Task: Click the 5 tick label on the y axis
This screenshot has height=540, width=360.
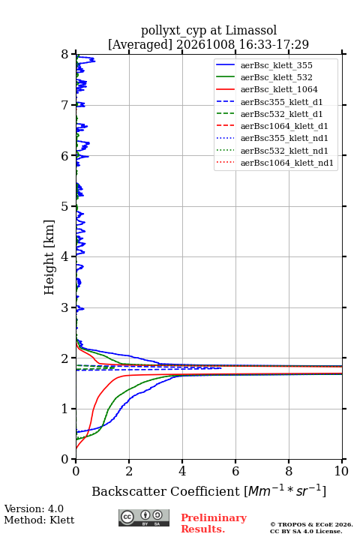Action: pyautogui.click(x=65, y=207)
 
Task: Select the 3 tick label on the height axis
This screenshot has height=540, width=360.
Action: pyautogui.click(x=65, y=307)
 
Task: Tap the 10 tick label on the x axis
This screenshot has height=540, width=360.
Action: pyautogui.click(x=341, y=471)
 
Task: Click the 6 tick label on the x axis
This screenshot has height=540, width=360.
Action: pyautogui.click(x=235, y=471)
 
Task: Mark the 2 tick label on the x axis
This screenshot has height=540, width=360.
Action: pyautogui.click(x=129, y=471)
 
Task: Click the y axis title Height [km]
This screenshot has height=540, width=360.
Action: pyautogui.click(x=49, y=257)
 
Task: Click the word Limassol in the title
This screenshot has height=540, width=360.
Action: pyautogui.click(x=251, y=30)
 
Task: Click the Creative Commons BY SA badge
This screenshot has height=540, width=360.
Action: pyautogui.click(x=144, y=517)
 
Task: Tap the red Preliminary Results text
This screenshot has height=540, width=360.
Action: pyautogui.click(x=214, y=523)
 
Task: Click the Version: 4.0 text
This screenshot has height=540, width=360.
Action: pyautogui.click(x=34, y=508)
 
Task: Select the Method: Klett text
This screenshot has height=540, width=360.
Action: pyautogui.click(x=39, y=520)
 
